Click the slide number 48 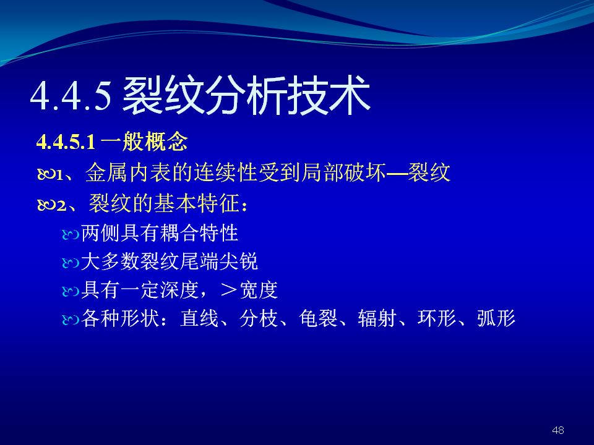(558, 430)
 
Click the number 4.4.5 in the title (71, 95)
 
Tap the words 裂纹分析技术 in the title (246, 95)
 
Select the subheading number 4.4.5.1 (66, 142)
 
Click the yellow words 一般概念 (144, 142)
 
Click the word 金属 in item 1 (107, 172)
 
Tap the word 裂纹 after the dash (429, 172)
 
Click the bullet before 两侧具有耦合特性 (70, 235)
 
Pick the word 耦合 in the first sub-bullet (179, 233)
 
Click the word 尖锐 (239, 261)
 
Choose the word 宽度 (259, 290)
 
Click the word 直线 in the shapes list (199, 318)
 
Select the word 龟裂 (318, 318)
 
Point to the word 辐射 (377, 318)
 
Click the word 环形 (437, 318)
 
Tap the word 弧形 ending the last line (496, 318)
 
